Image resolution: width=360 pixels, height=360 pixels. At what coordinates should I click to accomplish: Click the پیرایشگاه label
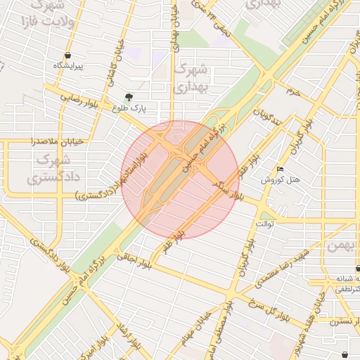coord(69,67)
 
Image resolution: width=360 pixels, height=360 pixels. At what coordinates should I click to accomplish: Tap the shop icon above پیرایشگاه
coord(67,56)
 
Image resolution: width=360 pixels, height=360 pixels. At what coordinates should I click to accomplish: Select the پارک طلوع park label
coord(128,108)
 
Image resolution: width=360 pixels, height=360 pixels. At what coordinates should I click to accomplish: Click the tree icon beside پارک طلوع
coord(128,97)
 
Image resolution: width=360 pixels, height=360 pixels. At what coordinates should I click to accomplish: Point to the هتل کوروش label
coord(281,180)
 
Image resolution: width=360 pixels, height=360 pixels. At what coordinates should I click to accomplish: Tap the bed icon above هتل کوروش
coord(281,169)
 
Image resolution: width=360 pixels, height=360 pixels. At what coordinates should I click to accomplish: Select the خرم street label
coord(292,91)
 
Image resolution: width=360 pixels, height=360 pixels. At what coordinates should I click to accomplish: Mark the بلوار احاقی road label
coord(136,261)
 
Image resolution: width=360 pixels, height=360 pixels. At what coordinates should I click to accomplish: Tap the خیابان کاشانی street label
coord(115,63)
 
